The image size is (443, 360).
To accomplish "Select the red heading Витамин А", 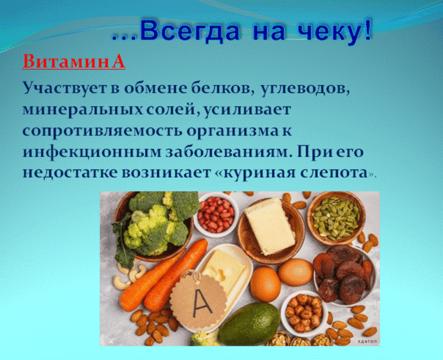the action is point(74,61).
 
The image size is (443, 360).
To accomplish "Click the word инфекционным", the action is point(92,153).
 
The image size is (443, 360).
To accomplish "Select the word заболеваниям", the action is point(229,152).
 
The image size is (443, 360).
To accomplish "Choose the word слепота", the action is point(334,173).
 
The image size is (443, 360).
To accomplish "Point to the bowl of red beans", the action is point(216,214).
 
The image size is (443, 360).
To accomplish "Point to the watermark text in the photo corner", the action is point(368,341).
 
